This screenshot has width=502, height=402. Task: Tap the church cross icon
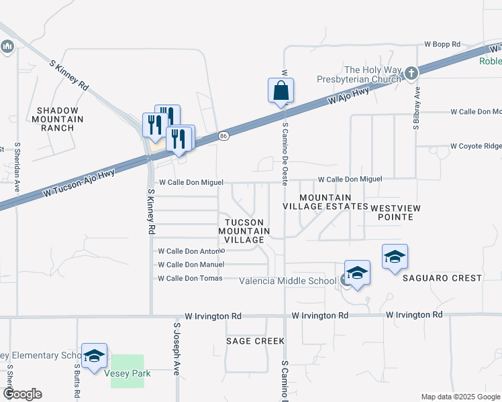point(411,73)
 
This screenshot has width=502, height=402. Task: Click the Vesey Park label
point(128,373)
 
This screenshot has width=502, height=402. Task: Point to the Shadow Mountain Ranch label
point(58,119)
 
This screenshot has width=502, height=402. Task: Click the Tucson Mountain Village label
point(244,230)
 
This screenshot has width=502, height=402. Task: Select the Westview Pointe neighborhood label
point(395,212)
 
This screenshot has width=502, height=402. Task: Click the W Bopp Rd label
point(442,44)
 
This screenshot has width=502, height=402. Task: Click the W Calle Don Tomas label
point(190,278)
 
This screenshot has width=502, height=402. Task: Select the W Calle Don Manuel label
point(191,265)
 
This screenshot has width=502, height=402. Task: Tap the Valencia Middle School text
point(287,280)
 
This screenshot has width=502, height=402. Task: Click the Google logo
point(21,394)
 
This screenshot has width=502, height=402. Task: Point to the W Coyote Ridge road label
point(476,145)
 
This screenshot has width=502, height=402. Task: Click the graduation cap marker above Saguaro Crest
point(395,257)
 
